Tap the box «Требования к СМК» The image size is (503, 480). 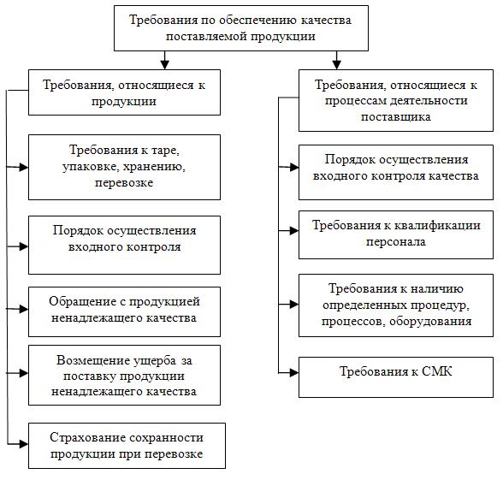[396, 377]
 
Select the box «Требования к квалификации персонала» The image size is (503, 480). [396, 234]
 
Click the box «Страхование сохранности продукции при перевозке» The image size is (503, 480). [127, 446]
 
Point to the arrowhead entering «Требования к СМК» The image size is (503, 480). [294, 372]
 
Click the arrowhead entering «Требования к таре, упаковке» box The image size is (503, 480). [24, 167]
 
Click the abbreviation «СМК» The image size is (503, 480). [436, 371]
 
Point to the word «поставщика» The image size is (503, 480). [396, 116]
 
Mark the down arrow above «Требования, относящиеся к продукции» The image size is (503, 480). [164, 60]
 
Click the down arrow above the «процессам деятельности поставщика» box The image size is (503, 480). [336, 60]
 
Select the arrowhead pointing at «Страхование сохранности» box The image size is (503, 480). [24, 444]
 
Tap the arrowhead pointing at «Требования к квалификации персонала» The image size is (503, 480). [294, 231]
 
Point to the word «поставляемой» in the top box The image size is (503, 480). [206, 36]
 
